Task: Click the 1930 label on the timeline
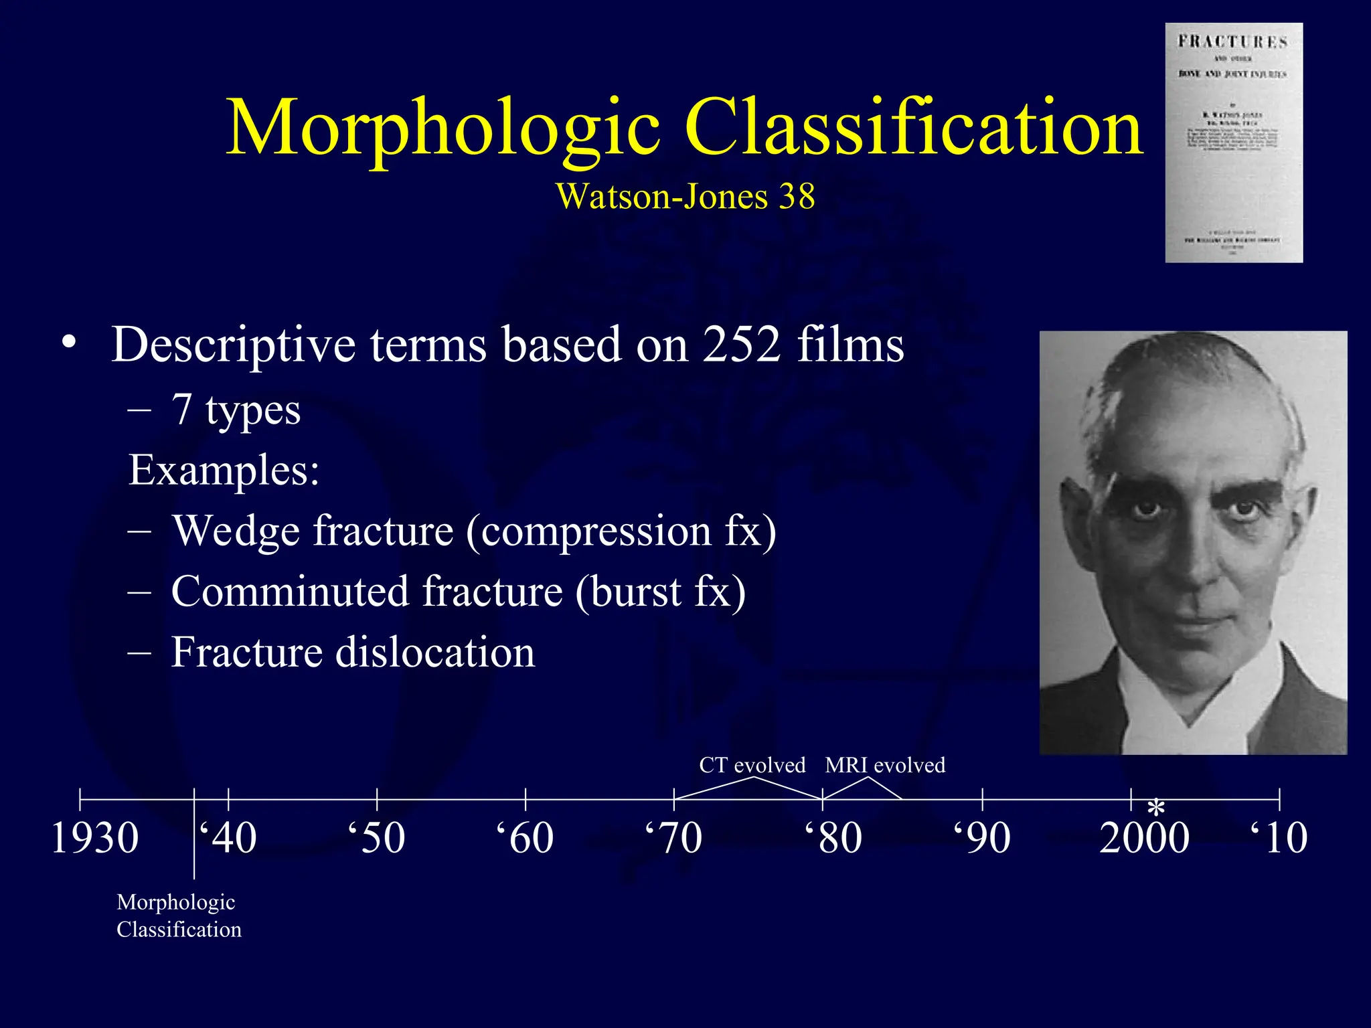click(95, 838)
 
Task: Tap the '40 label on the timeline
click(228, 838)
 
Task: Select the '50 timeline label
click(377, 838)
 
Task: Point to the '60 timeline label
click(526, 838)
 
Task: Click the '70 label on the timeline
click(674, 838)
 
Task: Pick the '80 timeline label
click(833, 838)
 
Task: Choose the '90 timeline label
click(982, 838)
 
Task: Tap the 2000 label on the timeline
click(1144, 838)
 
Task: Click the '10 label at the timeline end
click(1279, 838)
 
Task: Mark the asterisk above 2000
click(1156, 808)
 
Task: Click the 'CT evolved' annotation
click(752, 765)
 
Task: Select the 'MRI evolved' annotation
click(885, 765)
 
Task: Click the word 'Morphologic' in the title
click(443, 128)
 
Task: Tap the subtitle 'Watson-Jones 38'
click(685, 197)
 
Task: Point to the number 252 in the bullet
click(742, 345)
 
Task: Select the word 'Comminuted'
click(290, 592)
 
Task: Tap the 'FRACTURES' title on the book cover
click(1233, 42)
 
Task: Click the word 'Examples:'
click(224, 470)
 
